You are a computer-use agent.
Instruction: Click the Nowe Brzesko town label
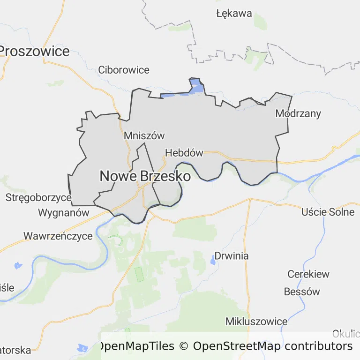(x=145, y=176)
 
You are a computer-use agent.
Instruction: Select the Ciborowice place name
(x=124, y=70)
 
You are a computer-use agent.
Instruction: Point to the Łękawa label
(x=234, y=13)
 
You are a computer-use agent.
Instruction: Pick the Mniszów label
(x=144, y=135)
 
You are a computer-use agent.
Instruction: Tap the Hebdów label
(x=184, y=153)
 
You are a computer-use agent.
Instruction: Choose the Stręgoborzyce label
(x=38, y=197)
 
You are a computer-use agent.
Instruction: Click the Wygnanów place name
(x=63, y=212)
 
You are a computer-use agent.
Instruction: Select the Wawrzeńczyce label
(x=58, y=236)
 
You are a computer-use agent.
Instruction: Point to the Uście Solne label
(x=328, y=212)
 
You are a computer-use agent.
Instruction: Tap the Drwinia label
(x=232, y=256)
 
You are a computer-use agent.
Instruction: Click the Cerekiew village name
(x=308, y=274)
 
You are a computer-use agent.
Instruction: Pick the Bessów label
(x=302, y=292)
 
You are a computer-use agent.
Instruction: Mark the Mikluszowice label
(x=256, y=321)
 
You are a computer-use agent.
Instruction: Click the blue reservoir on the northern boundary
(x=197, y=87)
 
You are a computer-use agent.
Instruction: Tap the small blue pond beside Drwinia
(x=214, y=262)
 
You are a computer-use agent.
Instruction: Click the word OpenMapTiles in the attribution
(x=135, y=346)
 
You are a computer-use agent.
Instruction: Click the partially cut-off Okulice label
(x=346, y=334)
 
